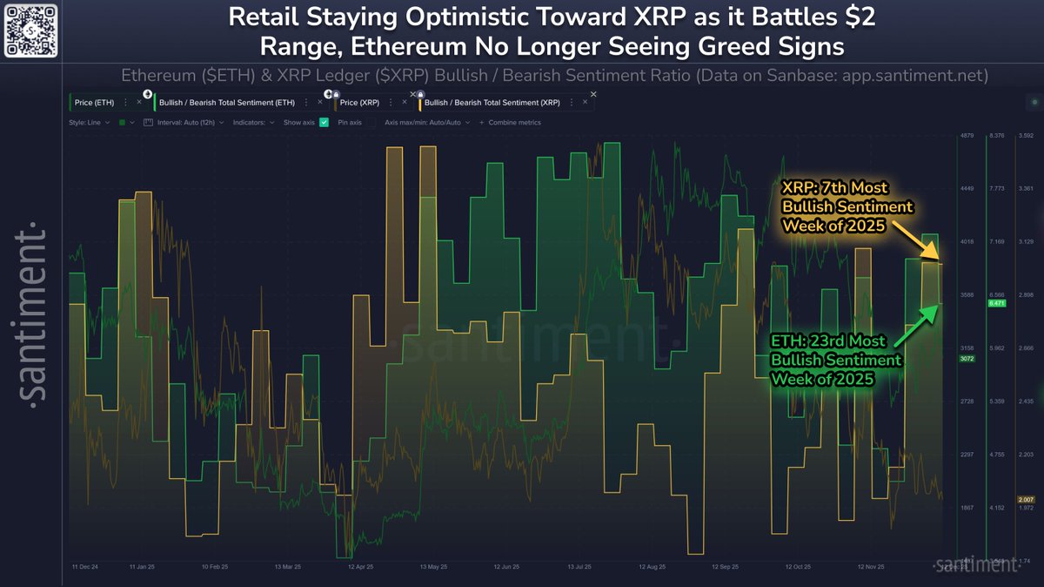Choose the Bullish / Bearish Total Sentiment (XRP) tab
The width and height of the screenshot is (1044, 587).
click(x=492, y=103)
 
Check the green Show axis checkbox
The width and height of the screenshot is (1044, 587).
click(x=324, y=123)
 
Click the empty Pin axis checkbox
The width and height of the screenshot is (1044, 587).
click(x=371, y=123)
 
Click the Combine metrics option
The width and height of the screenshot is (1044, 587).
click(x=513, y=123)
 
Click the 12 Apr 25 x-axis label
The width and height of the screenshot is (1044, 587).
click(x=360, y=567)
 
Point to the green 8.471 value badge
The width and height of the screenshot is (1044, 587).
click(x=997, y=304)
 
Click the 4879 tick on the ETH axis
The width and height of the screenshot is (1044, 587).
click(x=967, y=136)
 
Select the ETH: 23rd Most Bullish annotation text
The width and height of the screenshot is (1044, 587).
click(x=836, y=360)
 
